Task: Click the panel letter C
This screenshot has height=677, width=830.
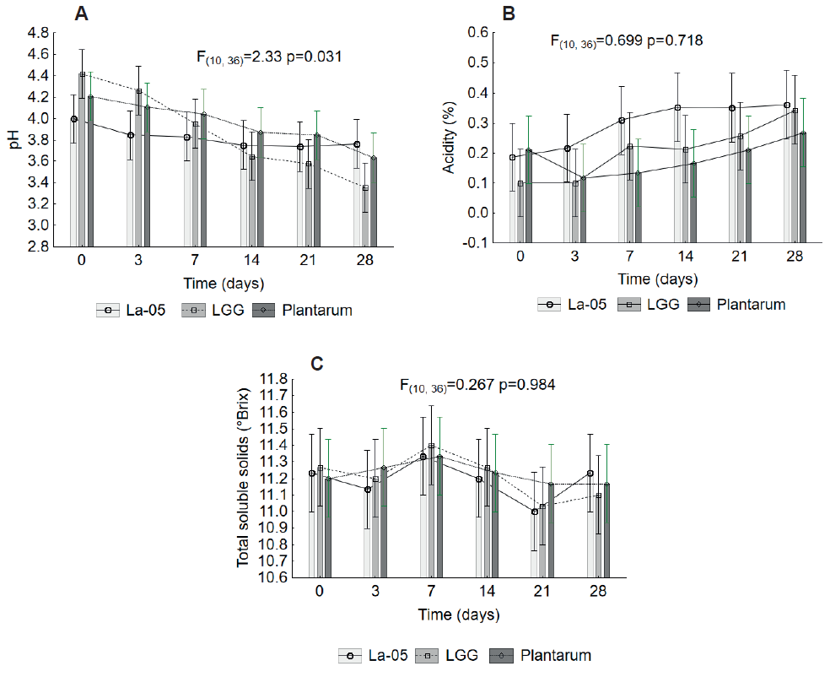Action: point(317,364)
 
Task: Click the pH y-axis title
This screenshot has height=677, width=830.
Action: point(14,140)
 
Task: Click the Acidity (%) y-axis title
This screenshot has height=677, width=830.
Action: point(450,139)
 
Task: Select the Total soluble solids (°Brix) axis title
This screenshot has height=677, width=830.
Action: point(245,479)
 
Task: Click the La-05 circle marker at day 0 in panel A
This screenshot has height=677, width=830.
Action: point(74,119)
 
